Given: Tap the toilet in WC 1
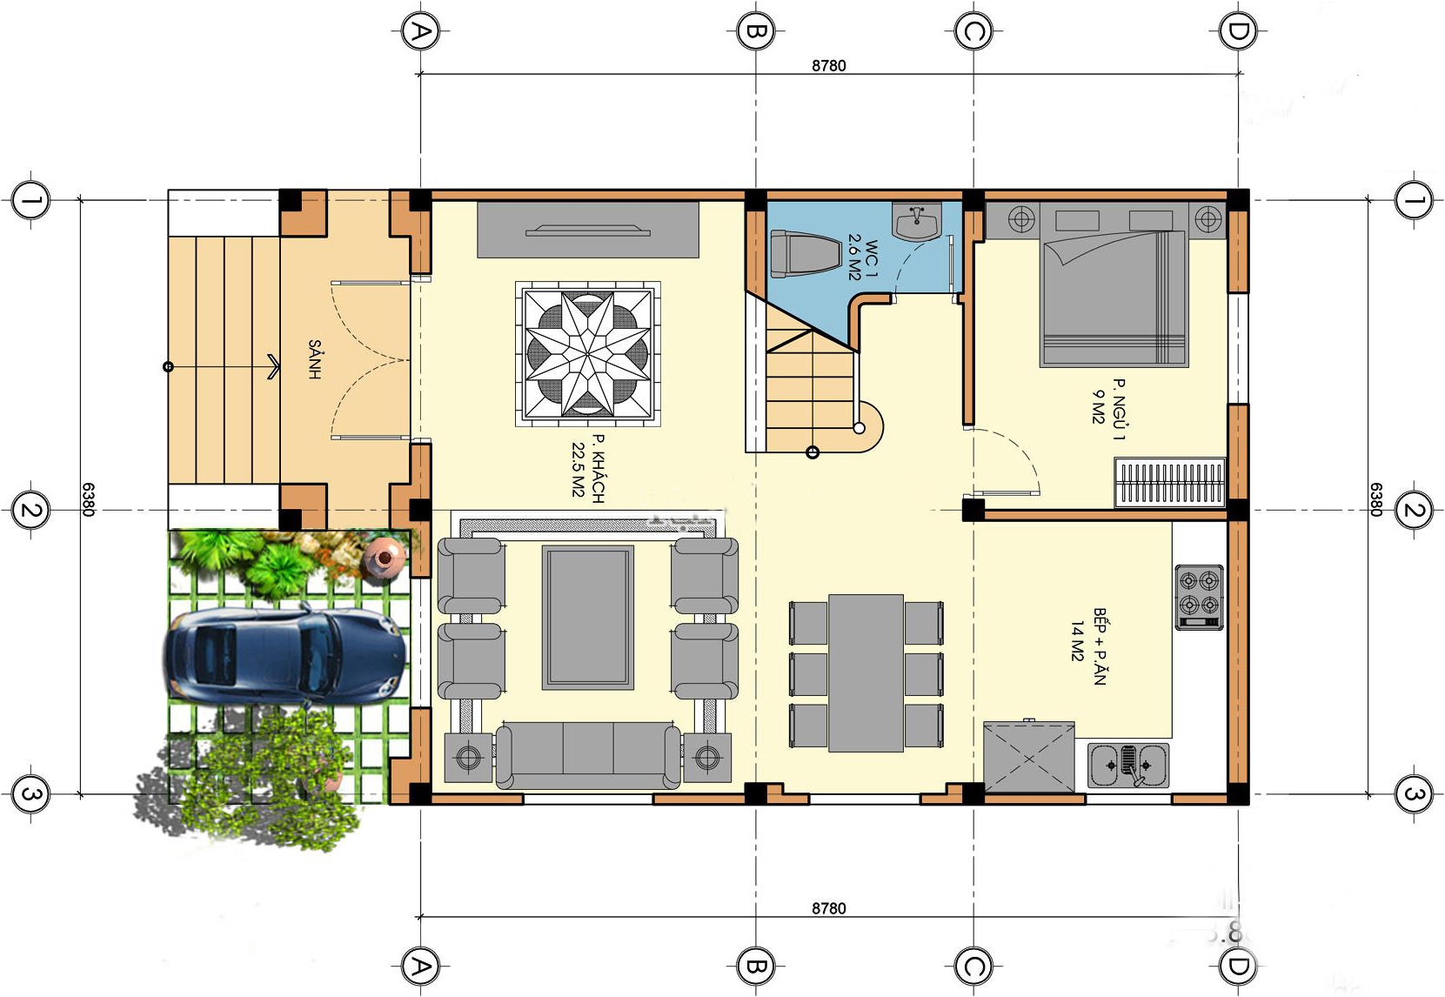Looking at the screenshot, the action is pos(804,254).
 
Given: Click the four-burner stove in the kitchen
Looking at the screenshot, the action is pos(1199,597).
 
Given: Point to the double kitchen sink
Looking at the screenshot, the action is pos(1128,766).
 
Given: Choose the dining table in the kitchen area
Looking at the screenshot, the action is pos(866,673).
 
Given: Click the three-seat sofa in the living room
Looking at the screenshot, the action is pos(588,756).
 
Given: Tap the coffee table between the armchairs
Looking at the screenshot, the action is pos(588,618).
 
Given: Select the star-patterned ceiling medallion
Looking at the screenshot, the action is pos(588,353).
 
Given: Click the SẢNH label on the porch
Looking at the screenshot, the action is pos(314,359).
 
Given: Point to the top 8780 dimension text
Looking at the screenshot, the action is pos(828,66).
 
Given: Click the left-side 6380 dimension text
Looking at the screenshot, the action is pos(89,499).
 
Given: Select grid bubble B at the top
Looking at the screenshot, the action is pos(755,30).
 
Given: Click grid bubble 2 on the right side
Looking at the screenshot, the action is pos(1414,511).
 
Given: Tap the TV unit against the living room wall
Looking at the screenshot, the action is pos(588,230).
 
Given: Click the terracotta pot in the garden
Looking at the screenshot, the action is pos(384,553).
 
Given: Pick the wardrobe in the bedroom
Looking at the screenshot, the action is pos(1169,483).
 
